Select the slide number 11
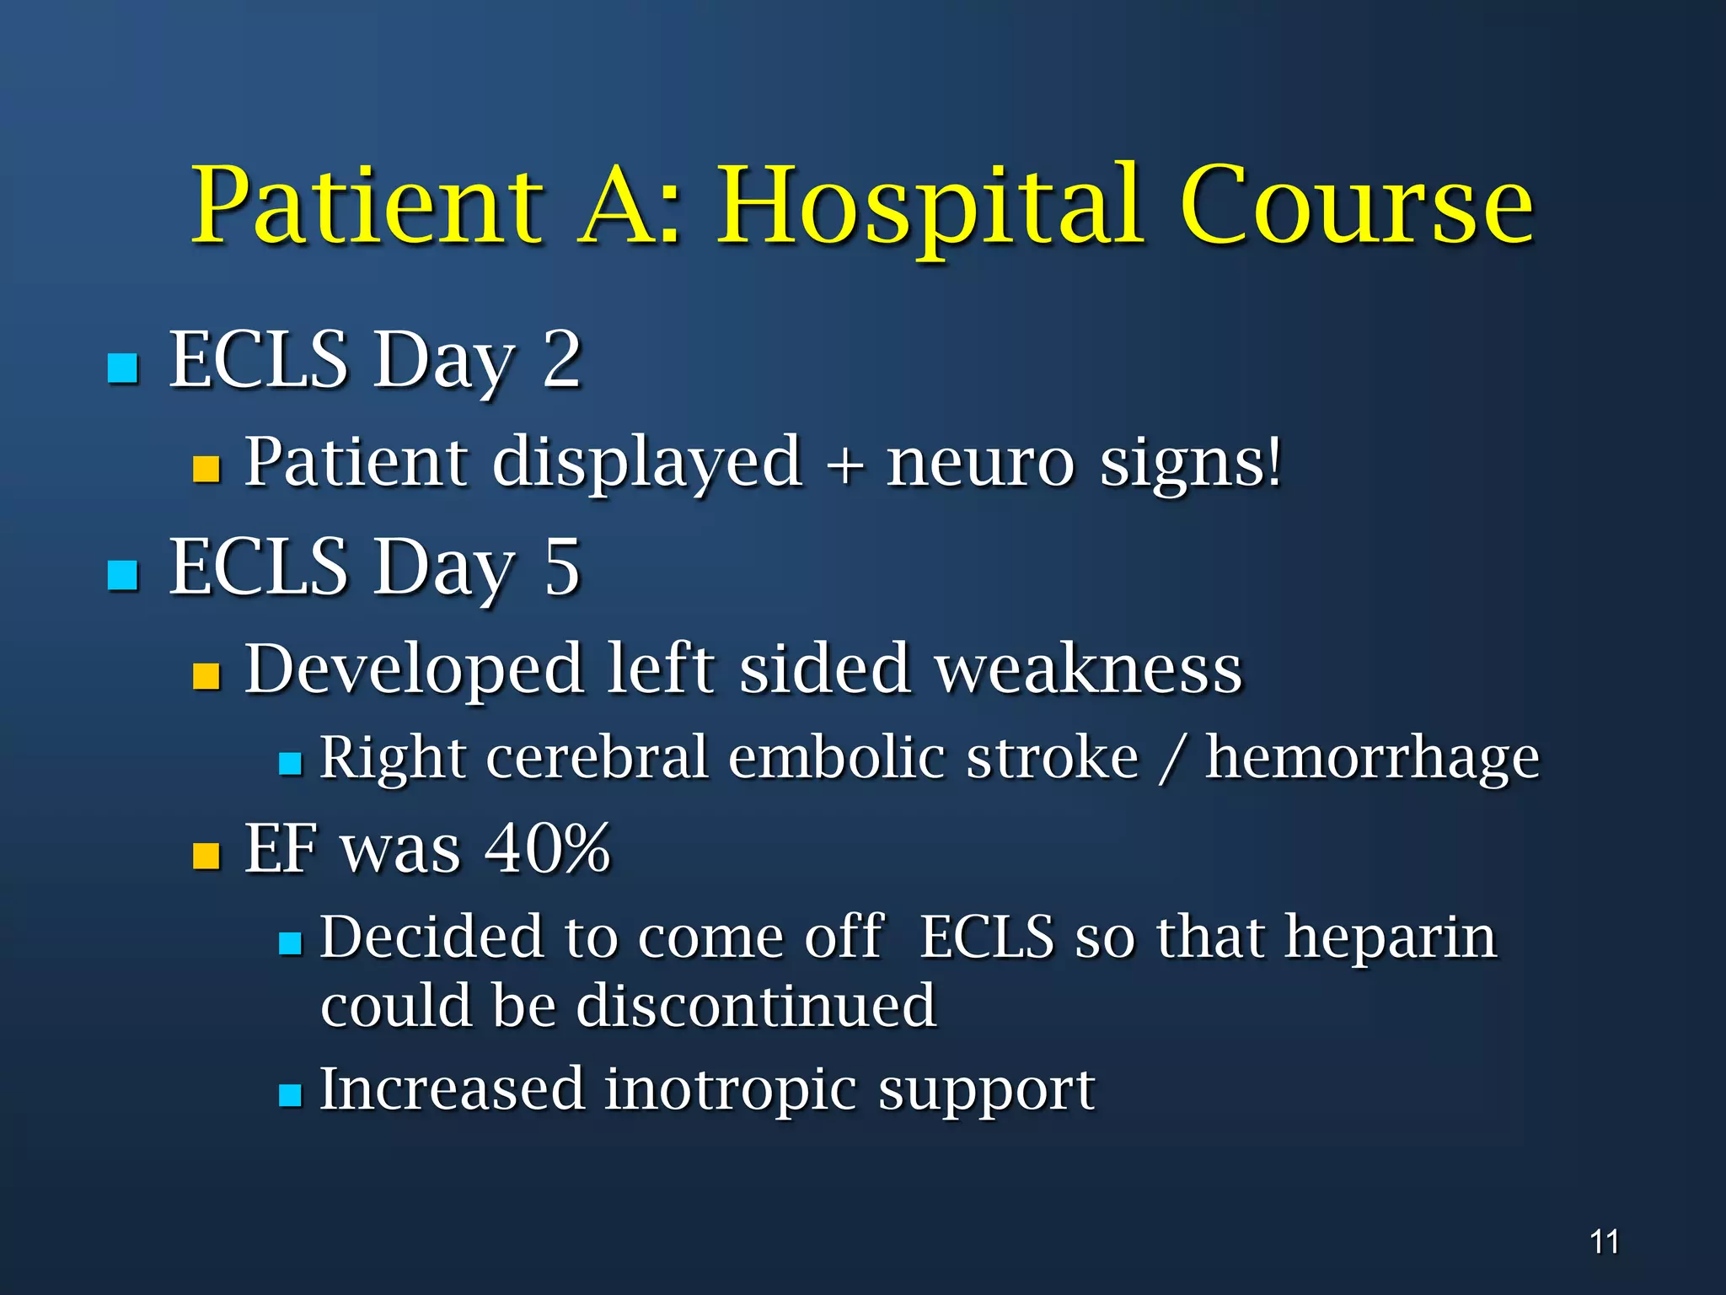coord(1604,1242)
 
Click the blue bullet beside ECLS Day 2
coord(123,368)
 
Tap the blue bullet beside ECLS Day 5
coord(123,575)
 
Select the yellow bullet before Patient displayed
coord(206,469)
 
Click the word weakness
coord(1089,669)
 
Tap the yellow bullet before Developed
coord(206,675)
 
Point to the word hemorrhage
coord(1372,758)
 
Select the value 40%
coord(547,848)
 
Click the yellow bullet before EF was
coord(206,856)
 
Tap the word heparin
coord(1390,938)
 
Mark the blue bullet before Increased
coord(290,1095)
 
